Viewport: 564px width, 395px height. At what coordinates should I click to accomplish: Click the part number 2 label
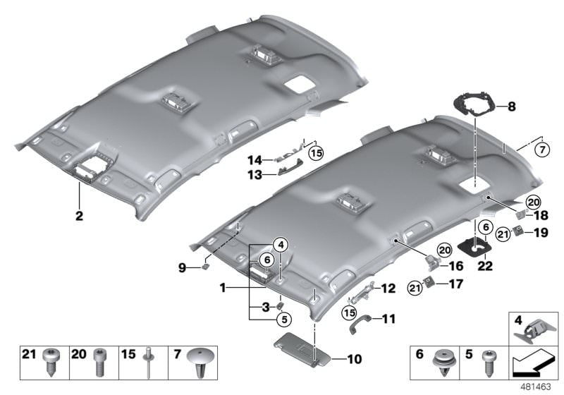80,214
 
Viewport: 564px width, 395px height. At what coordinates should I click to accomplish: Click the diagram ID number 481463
539,387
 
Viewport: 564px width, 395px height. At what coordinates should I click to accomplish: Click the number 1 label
223,288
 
